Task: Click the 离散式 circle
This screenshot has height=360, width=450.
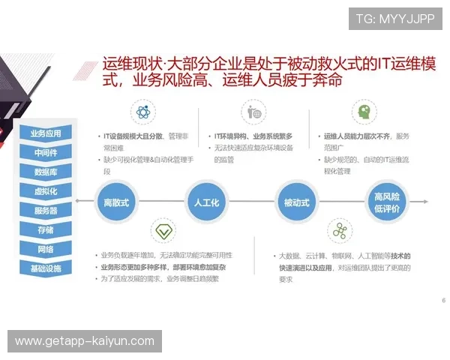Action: click(x=115, y=202)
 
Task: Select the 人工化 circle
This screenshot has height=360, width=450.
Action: click(x=205, y=202)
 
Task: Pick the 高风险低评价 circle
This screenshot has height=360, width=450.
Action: click(x=386, y=202)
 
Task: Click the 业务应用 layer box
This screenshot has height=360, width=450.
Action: click(x=46, y=133)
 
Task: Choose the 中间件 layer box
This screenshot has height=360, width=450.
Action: click(x=46, y=153)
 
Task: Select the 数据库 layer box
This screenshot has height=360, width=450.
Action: click(x=46, y=172)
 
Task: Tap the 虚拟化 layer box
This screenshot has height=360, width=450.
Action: click(x=46, y=191)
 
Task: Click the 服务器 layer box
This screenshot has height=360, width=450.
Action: click(x=46, y=211)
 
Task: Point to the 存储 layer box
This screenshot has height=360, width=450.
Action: click(x=46, y=229)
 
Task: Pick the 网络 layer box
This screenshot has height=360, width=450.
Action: click(x=46, y=249)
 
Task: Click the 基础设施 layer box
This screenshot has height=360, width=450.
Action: click(x=46, y=268)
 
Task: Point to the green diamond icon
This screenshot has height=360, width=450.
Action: click(x=162, y=230)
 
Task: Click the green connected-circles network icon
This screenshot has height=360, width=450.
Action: click(x=340, y=230)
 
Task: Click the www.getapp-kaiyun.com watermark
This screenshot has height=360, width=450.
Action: click(x=84, y=341)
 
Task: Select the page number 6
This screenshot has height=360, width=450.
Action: click(x=443, y=300)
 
